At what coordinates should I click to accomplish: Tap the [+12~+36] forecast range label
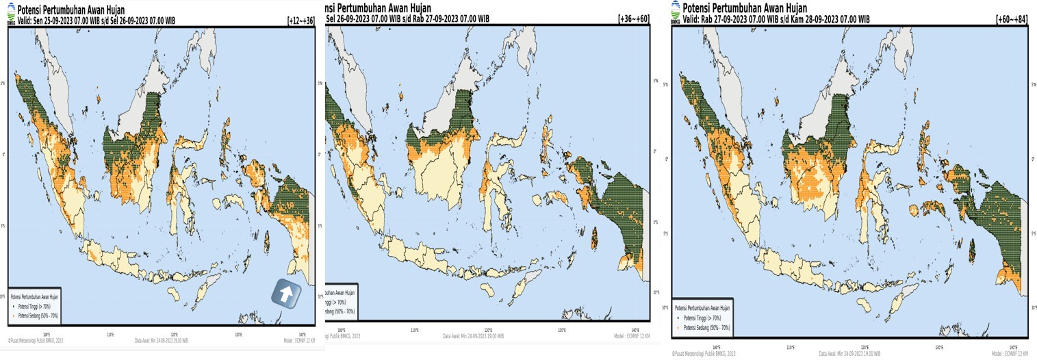[x=300, y=21]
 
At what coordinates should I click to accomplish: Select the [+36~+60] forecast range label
[x=633, y=17]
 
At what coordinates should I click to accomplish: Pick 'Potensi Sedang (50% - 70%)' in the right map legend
[x=708, y=328]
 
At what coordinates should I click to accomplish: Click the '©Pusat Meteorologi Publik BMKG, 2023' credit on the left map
[x=36, y=339]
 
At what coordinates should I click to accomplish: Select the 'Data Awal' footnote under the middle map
[x=473, y=336]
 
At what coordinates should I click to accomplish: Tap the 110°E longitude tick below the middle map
[x=414, y=330]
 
